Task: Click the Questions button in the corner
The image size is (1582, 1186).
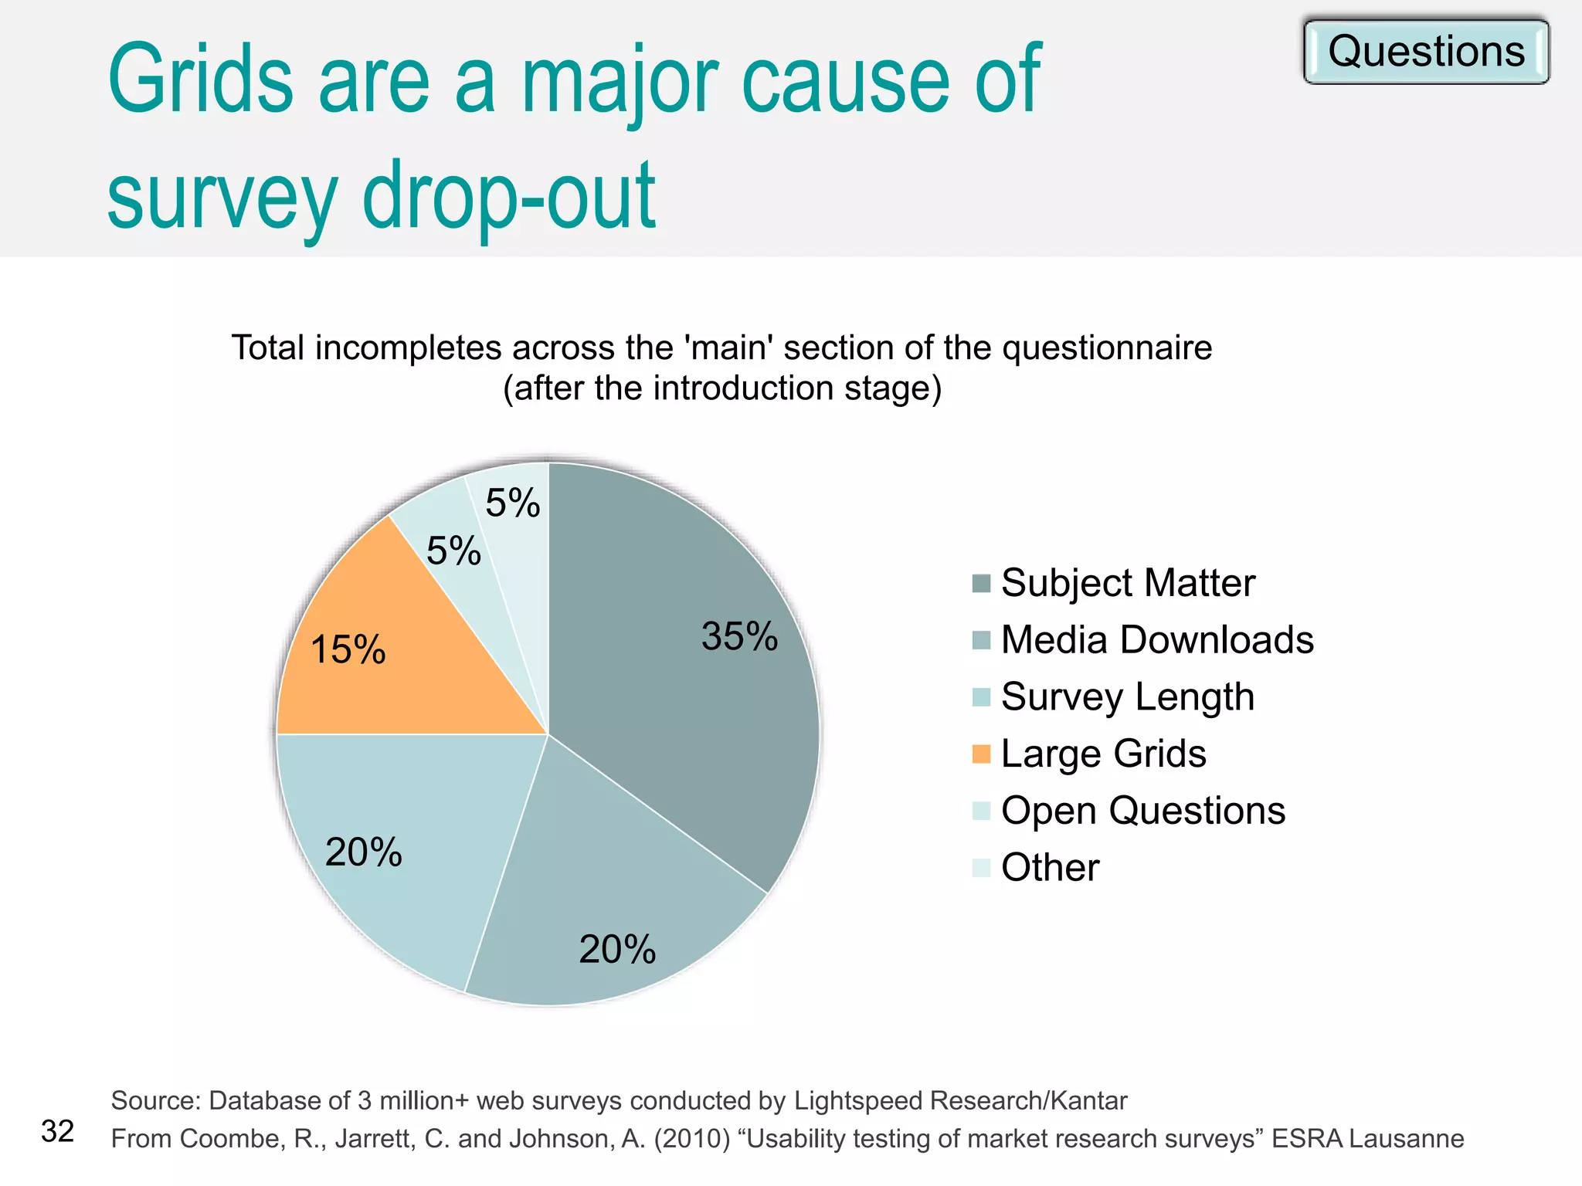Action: tap(1426, 52)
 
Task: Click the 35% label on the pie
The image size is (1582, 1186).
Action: tap(739, 637)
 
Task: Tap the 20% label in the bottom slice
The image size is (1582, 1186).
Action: tap(617, 950)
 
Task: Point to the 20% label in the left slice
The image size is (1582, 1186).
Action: tap(364, 852)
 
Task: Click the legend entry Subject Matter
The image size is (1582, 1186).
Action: tap(1127, 583)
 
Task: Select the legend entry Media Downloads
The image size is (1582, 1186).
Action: tap(1156, 640)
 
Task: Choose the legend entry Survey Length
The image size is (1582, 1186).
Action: tap(1127, 697)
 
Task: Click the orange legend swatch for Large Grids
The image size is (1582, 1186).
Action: tap(981, 754)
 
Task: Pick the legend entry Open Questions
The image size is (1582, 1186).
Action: tap(1142, 811)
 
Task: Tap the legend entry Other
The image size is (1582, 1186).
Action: tap(1050, 868)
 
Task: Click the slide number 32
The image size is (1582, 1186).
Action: tap(57, 1131)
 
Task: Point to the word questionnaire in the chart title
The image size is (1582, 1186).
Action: tap(1107, 347)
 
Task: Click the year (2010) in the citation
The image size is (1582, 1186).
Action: tap(692, 1139)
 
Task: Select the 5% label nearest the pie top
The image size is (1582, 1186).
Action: tap(513, 503)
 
